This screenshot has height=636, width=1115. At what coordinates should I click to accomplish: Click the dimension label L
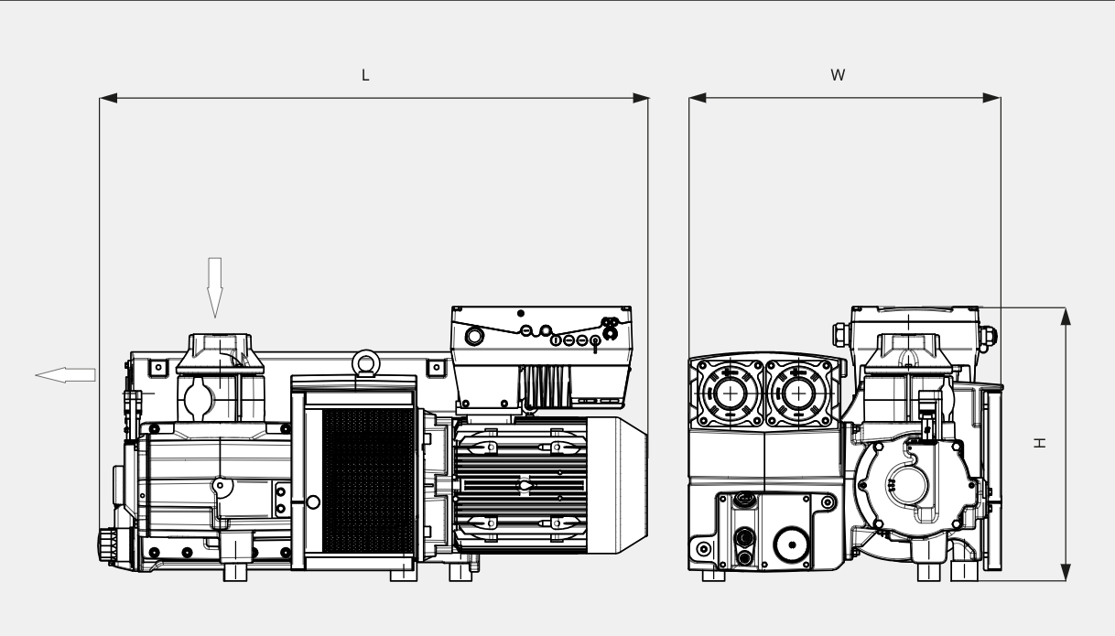(365, 76)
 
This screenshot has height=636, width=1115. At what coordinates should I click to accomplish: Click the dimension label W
(837, 76)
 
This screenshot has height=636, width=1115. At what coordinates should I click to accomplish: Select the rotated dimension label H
(1039, 443)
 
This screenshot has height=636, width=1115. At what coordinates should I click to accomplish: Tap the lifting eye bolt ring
(367, 362)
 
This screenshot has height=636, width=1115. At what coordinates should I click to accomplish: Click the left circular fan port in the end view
(730, 393)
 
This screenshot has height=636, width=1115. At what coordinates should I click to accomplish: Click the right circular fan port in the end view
(801, 393)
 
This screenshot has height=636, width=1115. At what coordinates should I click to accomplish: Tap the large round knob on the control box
(475, 337)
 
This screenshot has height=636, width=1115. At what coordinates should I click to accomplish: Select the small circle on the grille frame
(313, 502)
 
